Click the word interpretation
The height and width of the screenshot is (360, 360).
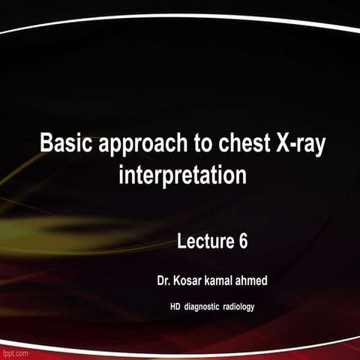(183, 177)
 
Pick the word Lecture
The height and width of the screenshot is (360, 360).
(205, 241)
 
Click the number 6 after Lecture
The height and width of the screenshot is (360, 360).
(243, 241)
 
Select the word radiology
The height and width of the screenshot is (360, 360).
(247, 306)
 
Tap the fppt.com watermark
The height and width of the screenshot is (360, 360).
(15, 352)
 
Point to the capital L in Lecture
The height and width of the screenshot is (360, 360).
(182, 241)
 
